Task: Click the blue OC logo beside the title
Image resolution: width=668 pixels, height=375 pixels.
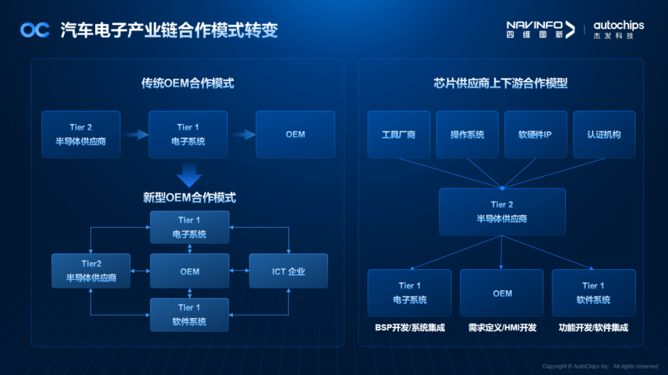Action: point(35,30)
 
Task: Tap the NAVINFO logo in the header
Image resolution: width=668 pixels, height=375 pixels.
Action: point(540,29)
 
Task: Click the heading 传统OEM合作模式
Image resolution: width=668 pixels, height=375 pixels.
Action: point(187,84)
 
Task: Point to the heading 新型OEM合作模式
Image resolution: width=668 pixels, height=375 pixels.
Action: point(189,198)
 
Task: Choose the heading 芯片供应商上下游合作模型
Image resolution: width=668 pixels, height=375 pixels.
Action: point(500,84)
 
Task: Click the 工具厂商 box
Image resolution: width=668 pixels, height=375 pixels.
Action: point(398,134)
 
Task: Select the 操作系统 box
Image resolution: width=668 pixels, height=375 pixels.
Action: point(467,134)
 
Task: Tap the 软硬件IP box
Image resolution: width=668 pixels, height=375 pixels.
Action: point(535,134)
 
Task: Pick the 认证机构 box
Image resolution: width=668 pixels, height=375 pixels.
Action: point(604,134)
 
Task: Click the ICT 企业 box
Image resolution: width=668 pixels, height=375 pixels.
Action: point(288,271)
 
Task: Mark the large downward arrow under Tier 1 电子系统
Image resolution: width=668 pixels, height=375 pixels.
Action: point(189,175)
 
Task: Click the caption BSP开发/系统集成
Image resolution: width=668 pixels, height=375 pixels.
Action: point(409,327)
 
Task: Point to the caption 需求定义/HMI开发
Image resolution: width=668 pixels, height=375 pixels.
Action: point(502,327)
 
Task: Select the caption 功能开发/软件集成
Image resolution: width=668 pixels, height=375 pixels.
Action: point(593,327)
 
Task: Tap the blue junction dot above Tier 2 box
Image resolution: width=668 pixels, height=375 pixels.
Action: point(502,187)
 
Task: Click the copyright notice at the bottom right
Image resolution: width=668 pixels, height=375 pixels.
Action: point(601,366)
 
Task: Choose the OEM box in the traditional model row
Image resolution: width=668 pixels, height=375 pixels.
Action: point(295,134)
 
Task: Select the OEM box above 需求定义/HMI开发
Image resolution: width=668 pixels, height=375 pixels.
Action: point(502,293)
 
